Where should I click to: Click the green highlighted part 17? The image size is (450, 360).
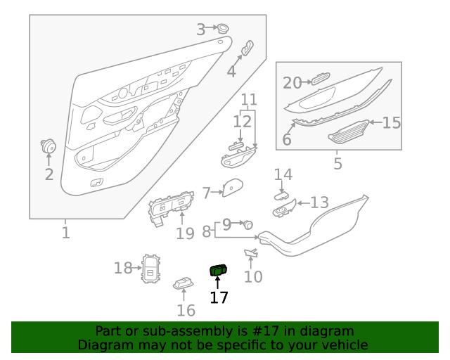click(219, 270)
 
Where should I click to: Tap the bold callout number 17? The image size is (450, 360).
click(219, 297)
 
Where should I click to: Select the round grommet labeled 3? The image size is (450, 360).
click(222, 28)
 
